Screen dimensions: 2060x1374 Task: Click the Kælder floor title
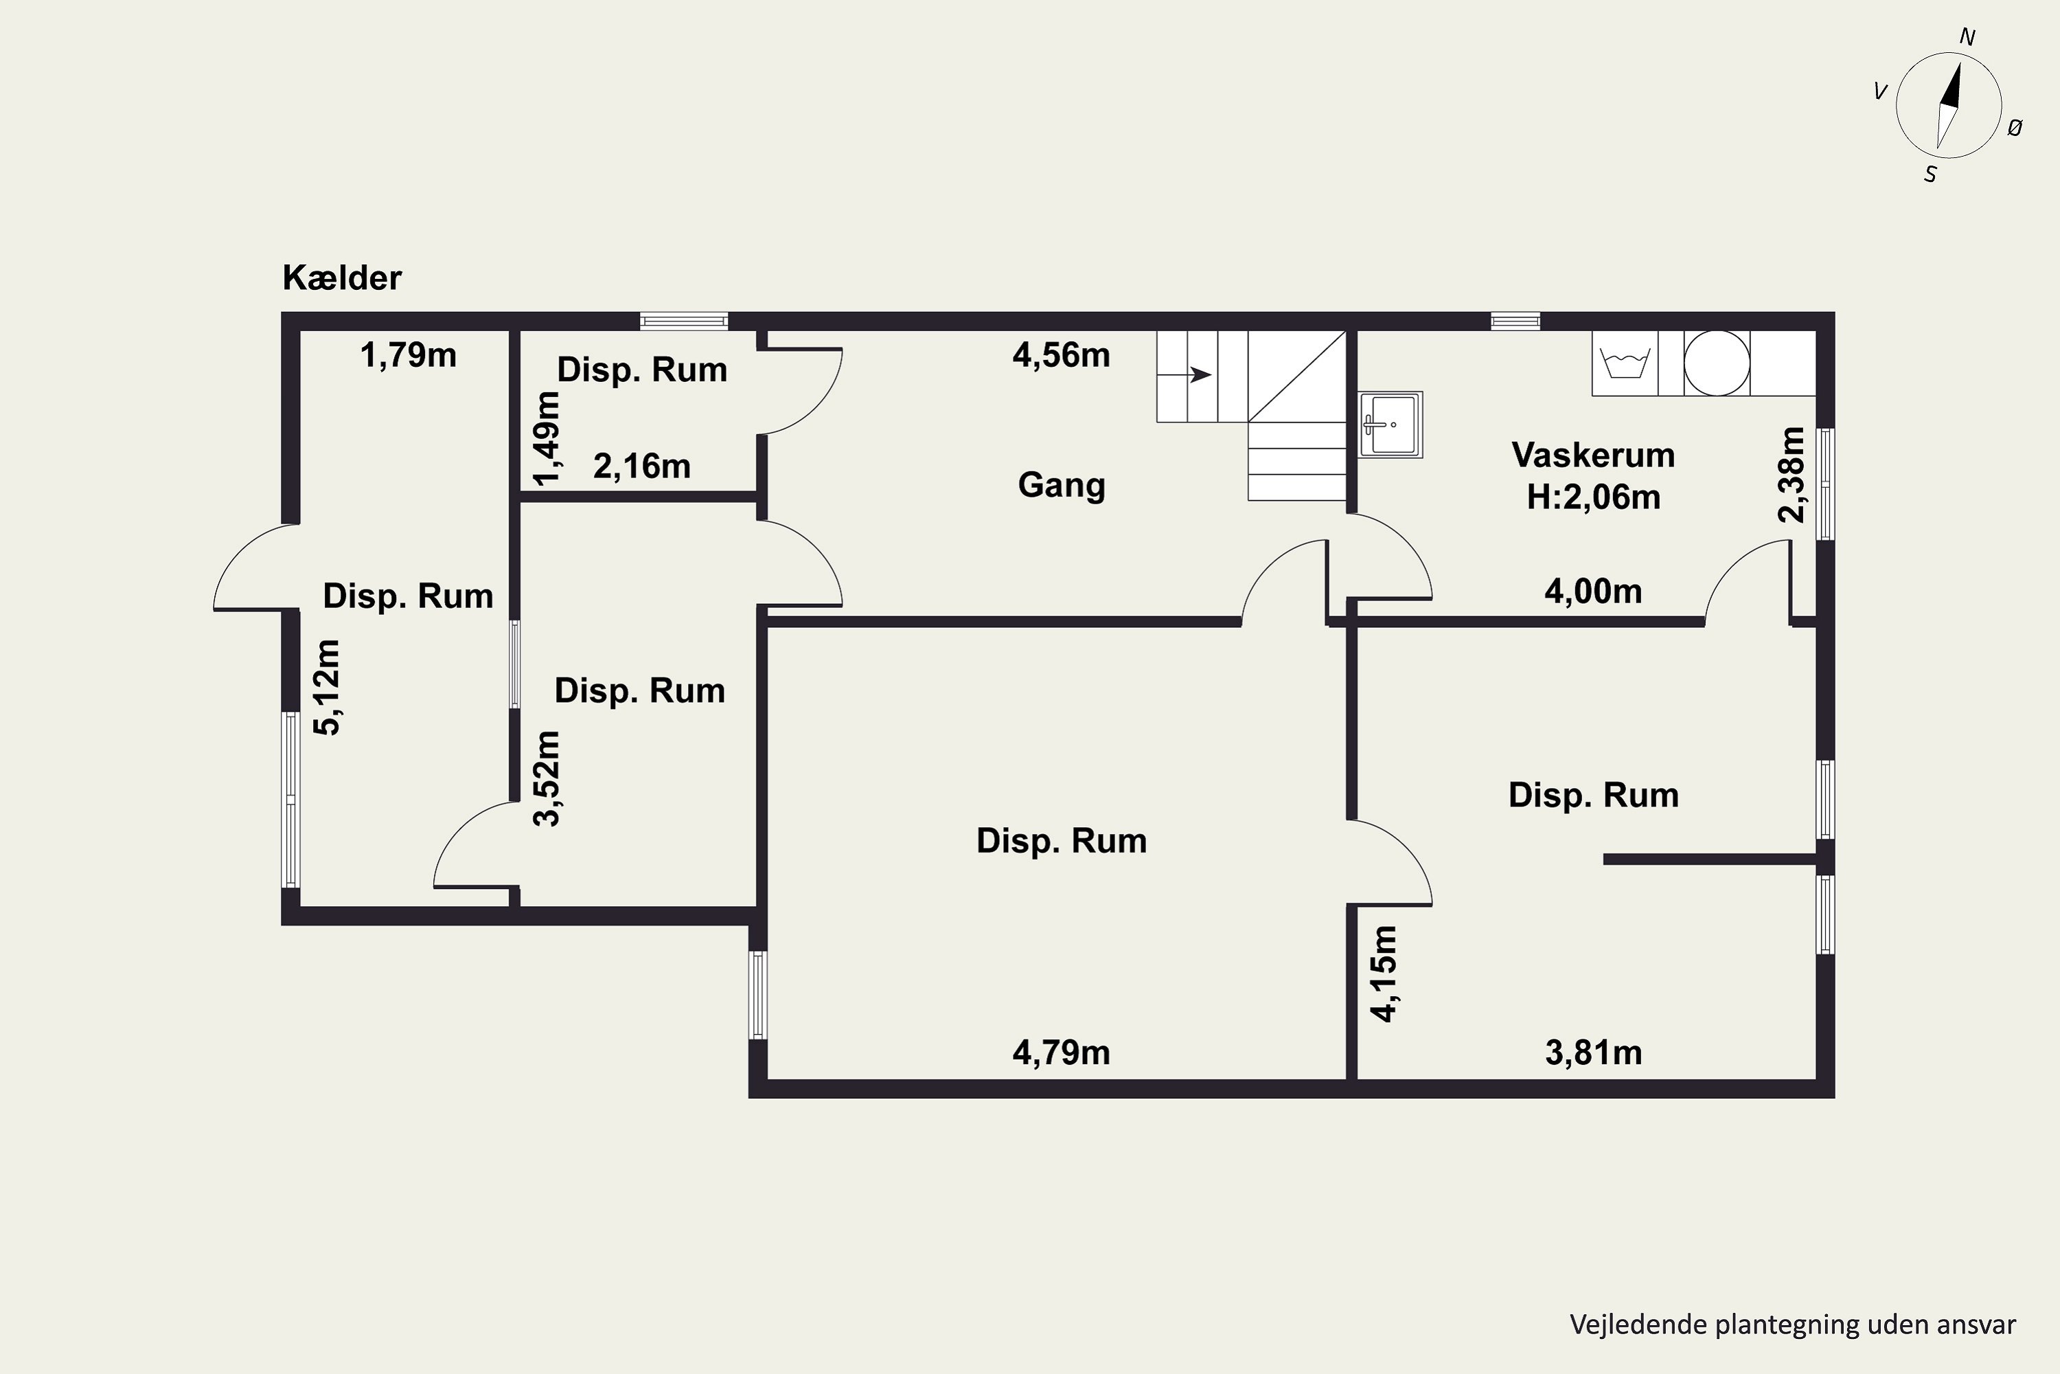click(x=341, y=278)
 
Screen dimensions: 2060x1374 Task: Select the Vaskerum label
click(x=1593, y=455)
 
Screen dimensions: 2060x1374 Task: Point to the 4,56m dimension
click(x=1062, y=355)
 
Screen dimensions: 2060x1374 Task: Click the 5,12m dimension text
click(x=328, y=687)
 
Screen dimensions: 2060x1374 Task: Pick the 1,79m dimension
click(x=408, y=355)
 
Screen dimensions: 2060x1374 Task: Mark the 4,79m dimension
click(x=1062, y=1052)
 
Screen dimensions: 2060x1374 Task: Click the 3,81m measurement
click(x=1593, y=1052)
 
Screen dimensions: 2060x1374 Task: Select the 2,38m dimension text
click(x=1792, y=474)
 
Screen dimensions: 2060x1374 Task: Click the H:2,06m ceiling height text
click(x=1593, y=497)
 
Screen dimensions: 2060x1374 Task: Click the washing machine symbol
click(x=1625, y=363)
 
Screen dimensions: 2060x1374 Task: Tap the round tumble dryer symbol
click(x=1717, y=363)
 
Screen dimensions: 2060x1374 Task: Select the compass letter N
click(x=1967, y=38)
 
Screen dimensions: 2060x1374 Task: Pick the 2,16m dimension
click(x=642, y=466)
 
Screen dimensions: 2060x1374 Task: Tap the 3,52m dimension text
click(x=547, y=778)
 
